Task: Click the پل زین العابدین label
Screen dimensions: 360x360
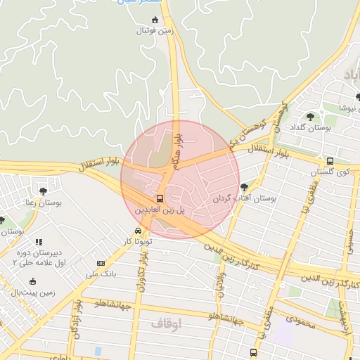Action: click(161, 210)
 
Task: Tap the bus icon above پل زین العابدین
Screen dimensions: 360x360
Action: click(161, 198)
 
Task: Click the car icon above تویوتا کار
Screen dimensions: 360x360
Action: click(138, 231)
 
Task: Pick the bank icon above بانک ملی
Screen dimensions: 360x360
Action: click(101, 264)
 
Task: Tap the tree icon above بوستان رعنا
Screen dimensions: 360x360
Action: click(44, 191)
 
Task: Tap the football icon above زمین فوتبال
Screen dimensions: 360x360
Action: click(155, 19)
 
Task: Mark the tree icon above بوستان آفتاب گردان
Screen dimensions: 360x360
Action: click(244, 187)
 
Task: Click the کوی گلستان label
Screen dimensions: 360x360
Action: click(333, 172)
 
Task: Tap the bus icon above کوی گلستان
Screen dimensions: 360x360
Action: click(330, 161)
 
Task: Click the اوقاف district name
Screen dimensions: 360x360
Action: click(166, 323)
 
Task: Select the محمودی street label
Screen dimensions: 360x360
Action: click(303, 319)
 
